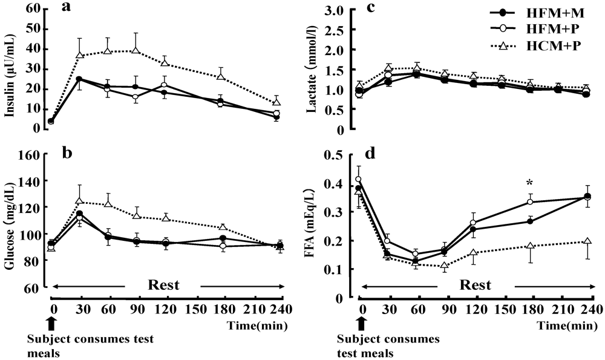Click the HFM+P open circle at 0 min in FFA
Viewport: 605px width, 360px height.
[358, 179]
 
